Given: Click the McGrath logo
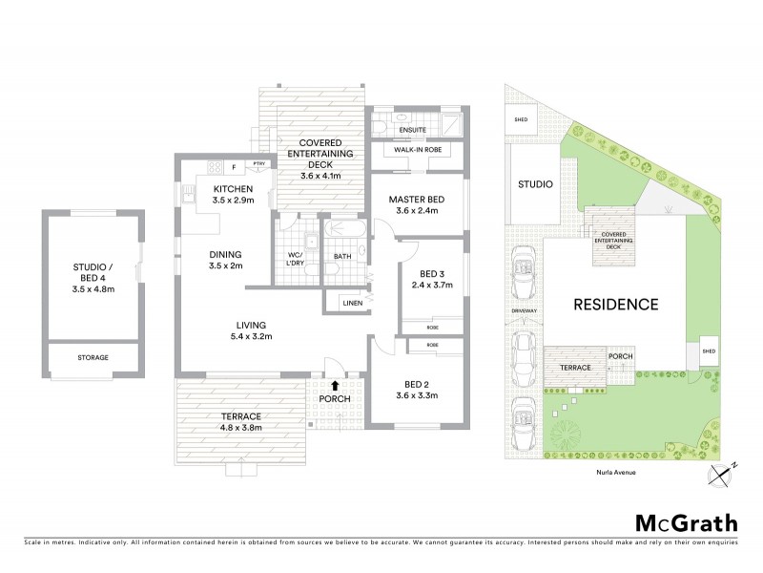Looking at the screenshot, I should tap(686, 522).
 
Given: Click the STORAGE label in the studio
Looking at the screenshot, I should tap(93, 357).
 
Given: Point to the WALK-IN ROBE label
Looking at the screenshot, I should tap(416, 151).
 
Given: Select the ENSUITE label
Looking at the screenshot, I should tap(413, 127).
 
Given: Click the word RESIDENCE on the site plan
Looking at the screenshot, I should tap(615, 306).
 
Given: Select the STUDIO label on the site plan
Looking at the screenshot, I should tap(535, 185).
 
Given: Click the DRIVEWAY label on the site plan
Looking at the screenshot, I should tap(523, 311).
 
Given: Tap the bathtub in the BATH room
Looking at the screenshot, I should tap(344, 232).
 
